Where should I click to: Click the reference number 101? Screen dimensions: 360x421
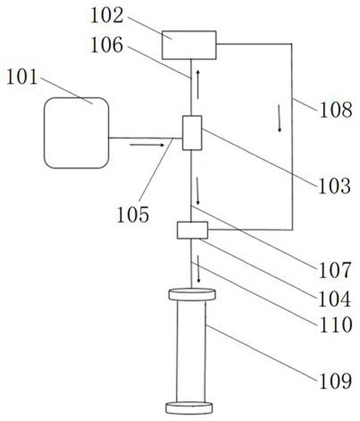(x=22, y=77)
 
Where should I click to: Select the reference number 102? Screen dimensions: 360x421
(x=107, y=15)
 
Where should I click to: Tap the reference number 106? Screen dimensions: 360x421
(x=107, y=45)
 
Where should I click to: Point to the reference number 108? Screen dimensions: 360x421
(x=336, y=109)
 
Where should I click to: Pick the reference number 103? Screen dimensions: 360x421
(x=335, y=186)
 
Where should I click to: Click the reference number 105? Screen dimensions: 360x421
(x=133, y=215)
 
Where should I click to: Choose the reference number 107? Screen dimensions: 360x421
(x=335, y=270)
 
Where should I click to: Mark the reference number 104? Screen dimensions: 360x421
(x=335, y=299)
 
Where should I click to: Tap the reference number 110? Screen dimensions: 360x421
(x=336, y=324)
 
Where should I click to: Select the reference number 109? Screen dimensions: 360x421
(x=335, y=380)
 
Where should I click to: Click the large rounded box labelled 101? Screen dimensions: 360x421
(x=76, y=133)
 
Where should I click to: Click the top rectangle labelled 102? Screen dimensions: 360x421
(x=189, y=45)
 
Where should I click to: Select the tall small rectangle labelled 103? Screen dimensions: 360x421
(x=192, y=133)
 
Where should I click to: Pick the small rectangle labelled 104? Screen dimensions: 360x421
(x=193, y=230)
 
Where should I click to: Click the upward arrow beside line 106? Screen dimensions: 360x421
(x=198, y=84)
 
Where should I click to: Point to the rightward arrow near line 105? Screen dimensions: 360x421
(x=147, y=145)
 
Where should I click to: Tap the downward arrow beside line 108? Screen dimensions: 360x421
(x=279, y=118)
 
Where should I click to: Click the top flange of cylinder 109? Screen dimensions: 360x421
(x=192, y=295)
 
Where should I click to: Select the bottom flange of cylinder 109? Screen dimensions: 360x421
(x=189, y=408)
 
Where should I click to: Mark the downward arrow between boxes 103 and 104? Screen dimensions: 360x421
(x=197, y=191)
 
